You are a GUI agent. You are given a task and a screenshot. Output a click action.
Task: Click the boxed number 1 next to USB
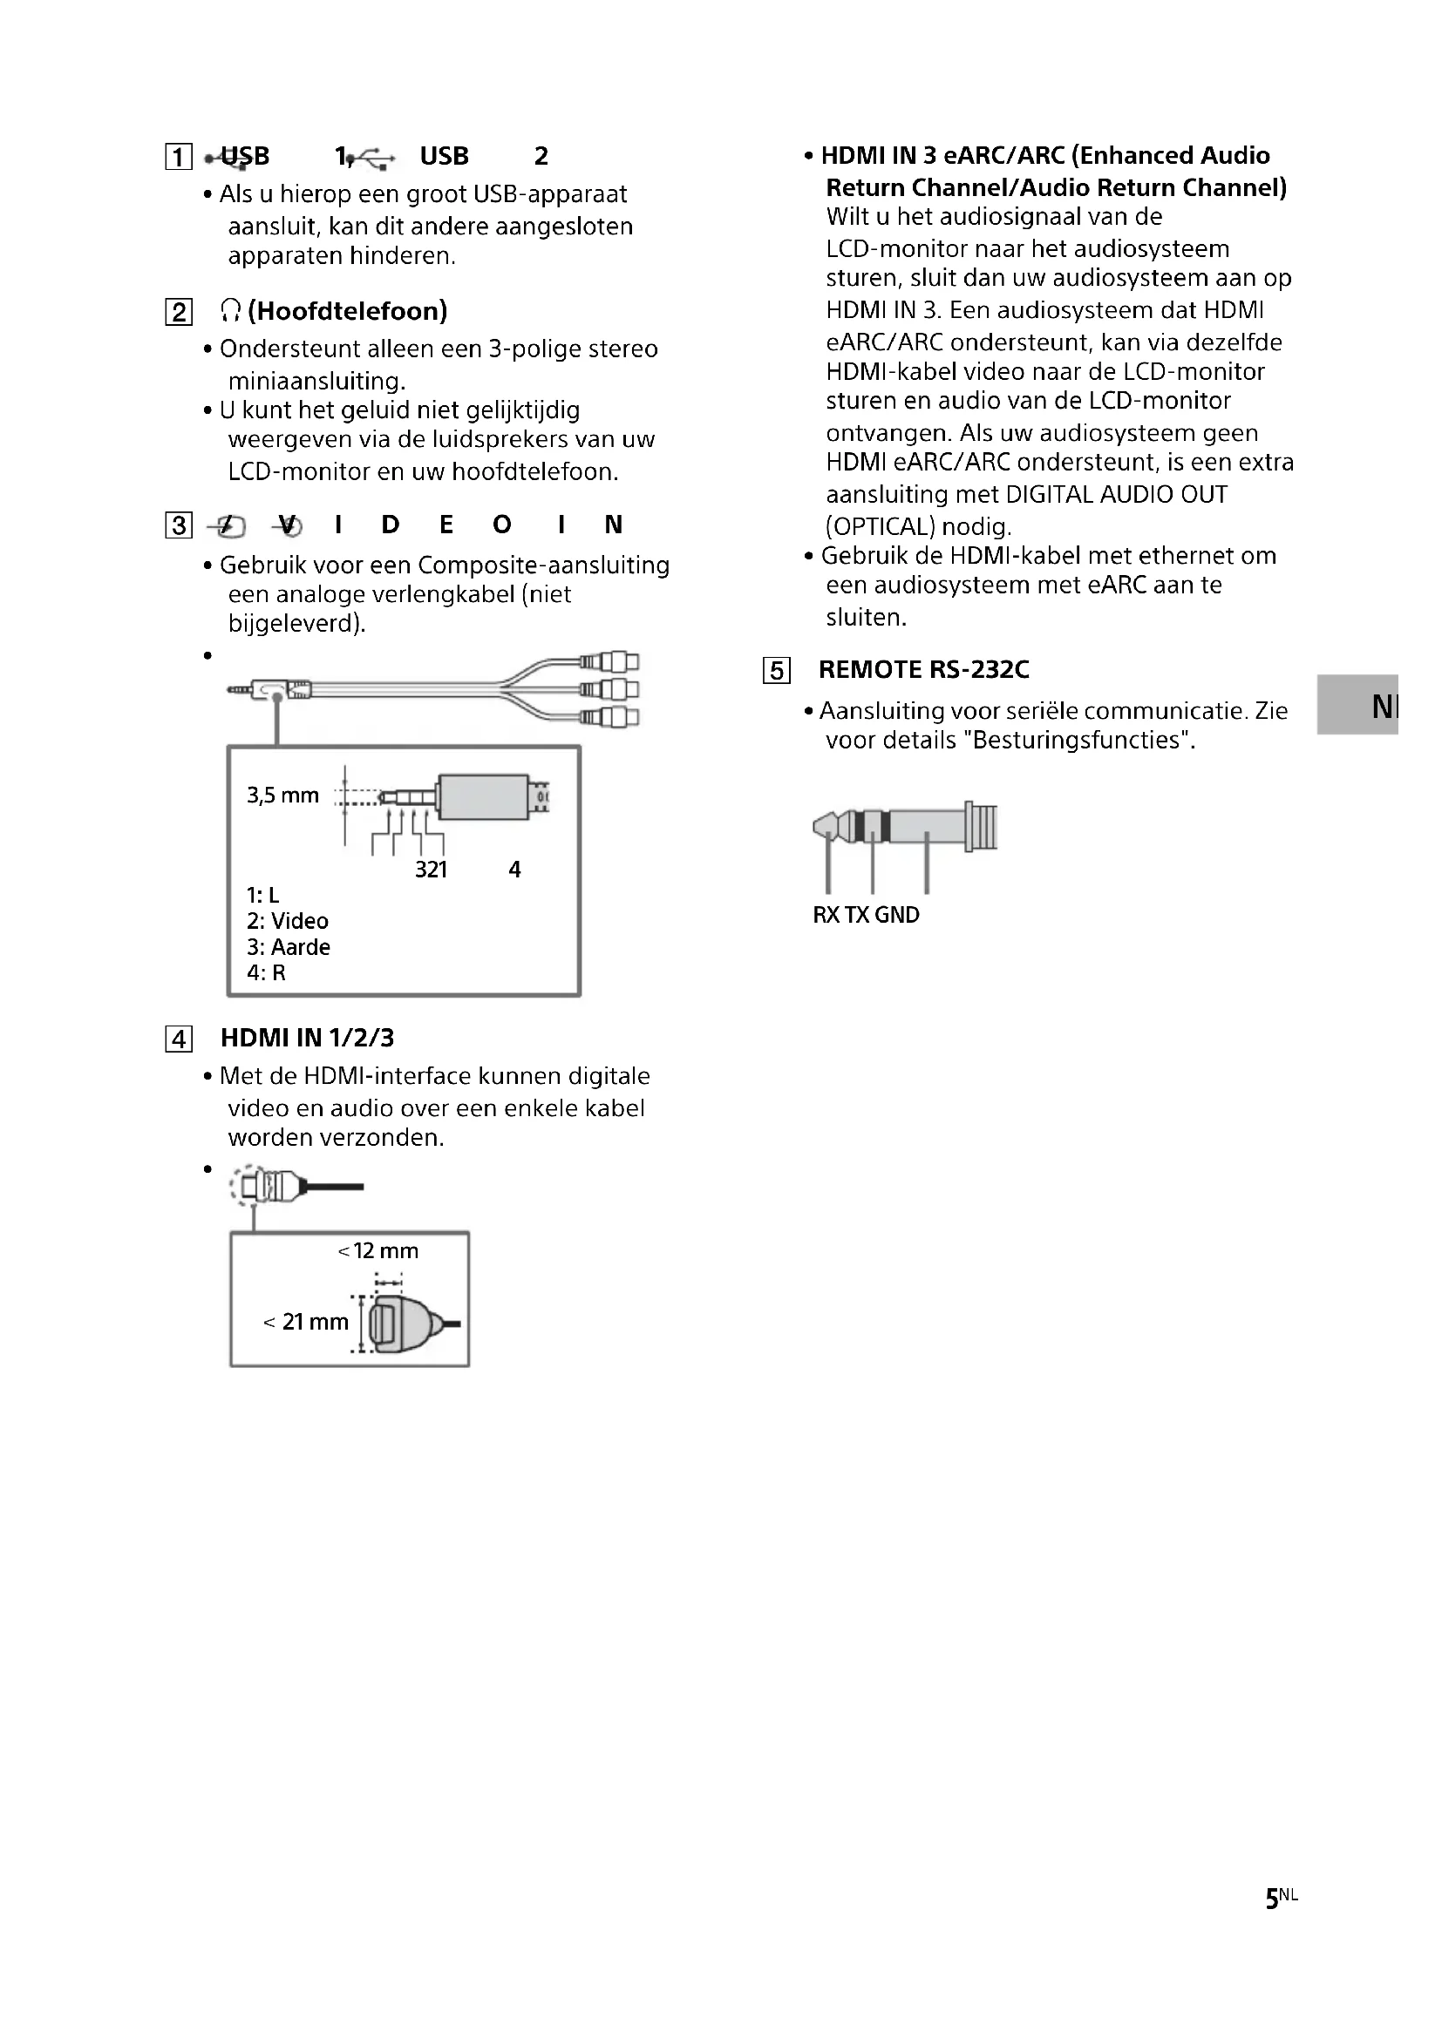[x=179, y=157]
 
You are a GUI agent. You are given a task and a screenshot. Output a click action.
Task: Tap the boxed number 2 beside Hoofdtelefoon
[x=179, y=312]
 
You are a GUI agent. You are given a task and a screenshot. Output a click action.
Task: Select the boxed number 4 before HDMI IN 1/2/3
[x=179, y=1039]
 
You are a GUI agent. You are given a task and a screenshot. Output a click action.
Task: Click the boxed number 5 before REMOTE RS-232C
[x=776, y=670]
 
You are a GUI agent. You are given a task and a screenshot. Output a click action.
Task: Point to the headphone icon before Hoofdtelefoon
[x=230, y=311]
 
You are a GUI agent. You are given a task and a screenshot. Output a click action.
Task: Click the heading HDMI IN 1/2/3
[x=307, y=1038]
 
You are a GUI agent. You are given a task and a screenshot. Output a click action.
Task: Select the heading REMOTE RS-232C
[x=923, y=669]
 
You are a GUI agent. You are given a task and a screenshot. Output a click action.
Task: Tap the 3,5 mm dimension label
[x=282, y=796]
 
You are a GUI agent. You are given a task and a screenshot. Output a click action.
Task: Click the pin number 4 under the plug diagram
[x=514, y=870]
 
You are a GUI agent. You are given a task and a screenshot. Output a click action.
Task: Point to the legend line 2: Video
[x=288, y=921]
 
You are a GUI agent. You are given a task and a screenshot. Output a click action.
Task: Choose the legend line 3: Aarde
[x=289, y=947]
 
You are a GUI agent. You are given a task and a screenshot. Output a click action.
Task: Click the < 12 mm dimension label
[x=378, y=1250]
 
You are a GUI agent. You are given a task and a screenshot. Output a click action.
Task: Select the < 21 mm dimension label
[x=306, y=1322]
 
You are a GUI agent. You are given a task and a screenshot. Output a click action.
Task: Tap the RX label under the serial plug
[x=826, y=915]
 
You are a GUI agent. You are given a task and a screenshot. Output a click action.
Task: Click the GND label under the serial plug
[x=897, y=915]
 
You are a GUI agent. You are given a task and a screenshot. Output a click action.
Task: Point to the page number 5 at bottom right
[x=1271, y=1899]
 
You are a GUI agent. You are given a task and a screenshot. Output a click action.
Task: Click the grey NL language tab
[x=1358, y=706]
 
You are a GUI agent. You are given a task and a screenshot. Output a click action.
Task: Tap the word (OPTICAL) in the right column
[x=881, y=527]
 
